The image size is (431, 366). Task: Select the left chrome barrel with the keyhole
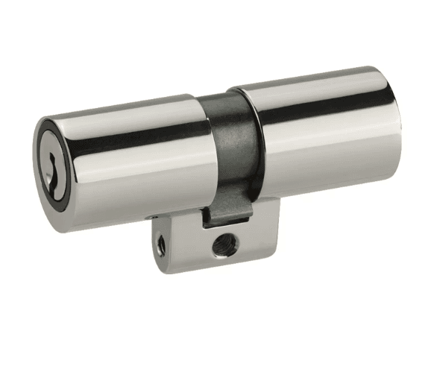[x=134, y=164]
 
